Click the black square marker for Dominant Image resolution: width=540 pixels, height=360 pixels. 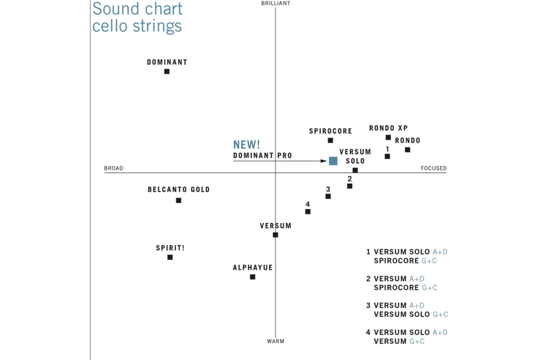[x=167, y=71]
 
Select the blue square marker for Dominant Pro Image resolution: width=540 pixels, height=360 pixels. [x=333, y=161]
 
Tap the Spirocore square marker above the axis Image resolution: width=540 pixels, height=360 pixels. [x=330, y=140]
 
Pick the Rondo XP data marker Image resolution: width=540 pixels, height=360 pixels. [x=388, y=137]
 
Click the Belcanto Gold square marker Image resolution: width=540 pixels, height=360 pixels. [x=179, y=200]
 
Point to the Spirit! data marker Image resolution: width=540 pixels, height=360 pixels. [x=170, y=257]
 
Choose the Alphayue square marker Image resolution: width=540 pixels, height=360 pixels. [x=252, y=277]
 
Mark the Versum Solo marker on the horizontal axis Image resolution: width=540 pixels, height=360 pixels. [x=355, y=170]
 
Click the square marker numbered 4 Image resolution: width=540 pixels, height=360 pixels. [x=308, y=211]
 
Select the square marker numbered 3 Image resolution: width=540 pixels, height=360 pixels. [x=328, y=196]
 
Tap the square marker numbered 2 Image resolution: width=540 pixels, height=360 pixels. [x=350, y=186]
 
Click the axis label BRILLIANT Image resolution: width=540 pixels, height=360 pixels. [x=275, y=4]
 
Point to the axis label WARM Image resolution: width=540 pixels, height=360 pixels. [x=275, y=342]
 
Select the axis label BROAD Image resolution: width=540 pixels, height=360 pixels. [x=113, y=168]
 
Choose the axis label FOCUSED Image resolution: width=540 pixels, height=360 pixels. [x=433, y=168]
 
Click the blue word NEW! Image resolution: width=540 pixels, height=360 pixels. [x=247, y=144]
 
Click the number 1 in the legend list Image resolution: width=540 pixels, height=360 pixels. [x=369, y=252]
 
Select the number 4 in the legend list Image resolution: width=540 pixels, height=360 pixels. [x=369, y=333]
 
